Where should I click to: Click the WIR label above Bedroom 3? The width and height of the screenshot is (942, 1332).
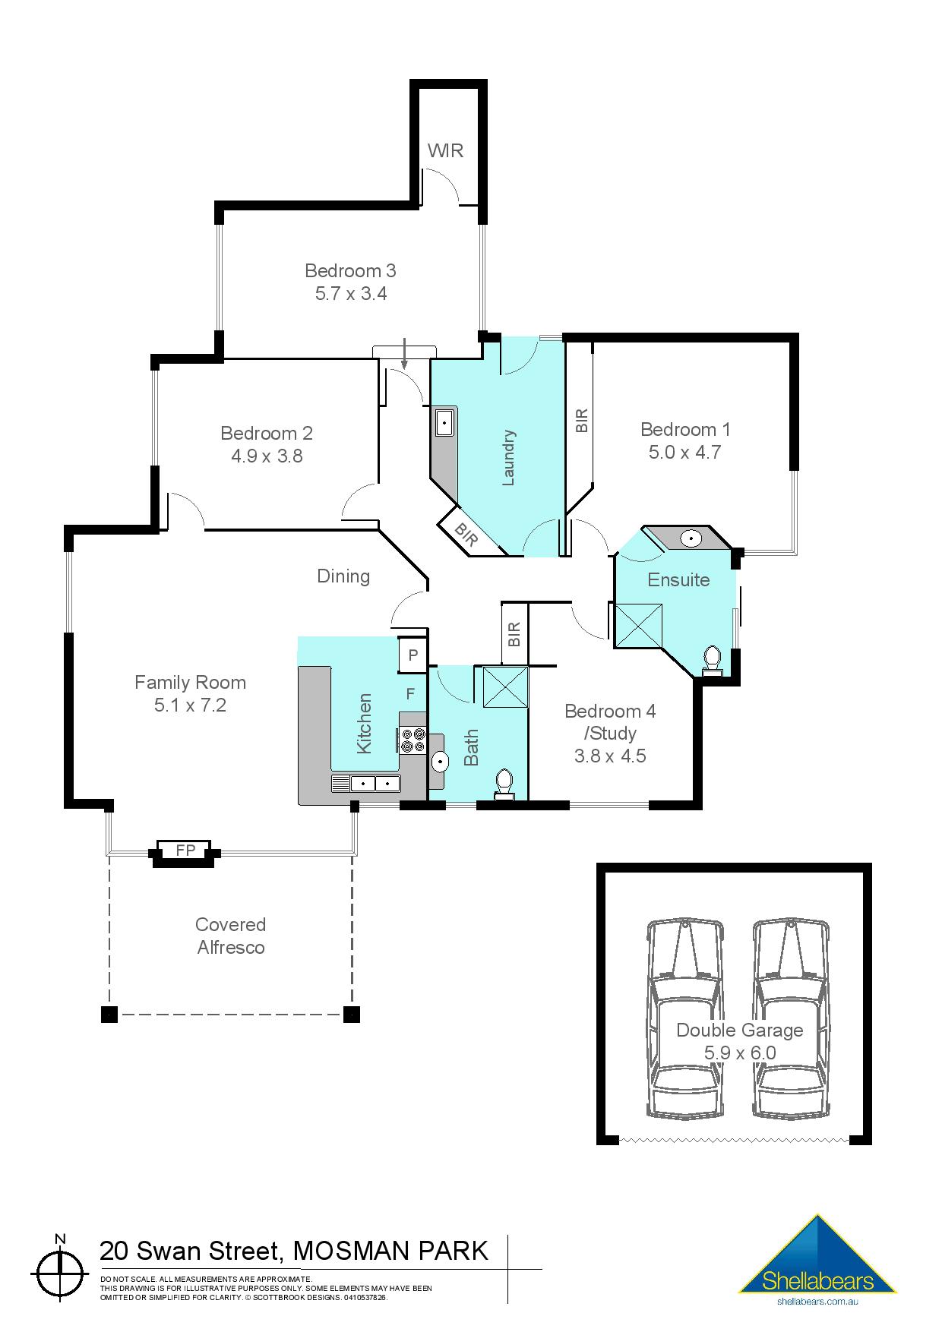(x=445, y=150)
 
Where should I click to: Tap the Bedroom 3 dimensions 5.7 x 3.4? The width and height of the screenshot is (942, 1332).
(x=351, y=294)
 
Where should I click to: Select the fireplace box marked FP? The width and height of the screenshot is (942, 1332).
(x=185, y=851)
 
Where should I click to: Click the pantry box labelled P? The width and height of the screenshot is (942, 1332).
(x=413, y=655)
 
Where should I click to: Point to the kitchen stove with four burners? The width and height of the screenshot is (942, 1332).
(x=413, y=740)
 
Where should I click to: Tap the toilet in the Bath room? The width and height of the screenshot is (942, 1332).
(x=504, y=784)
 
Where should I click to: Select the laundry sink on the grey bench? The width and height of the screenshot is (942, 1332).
(x=444, y=421)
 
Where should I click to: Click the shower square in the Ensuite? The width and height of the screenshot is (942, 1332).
(x=637, y=625)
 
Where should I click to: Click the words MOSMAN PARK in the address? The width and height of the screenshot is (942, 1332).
(x=390, y=1251)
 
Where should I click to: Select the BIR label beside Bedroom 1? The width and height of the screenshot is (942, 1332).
(x=581, y=420)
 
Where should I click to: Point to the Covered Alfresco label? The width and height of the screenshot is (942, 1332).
(x=231, y=936)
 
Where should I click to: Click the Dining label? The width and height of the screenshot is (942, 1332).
(x=343, y=576)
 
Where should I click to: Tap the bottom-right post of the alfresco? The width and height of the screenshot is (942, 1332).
(x=351, y=1014)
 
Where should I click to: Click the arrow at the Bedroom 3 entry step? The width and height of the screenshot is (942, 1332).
(x=405, y=354)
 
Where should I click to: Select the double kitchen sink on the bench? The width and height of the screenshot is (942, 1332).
(x=375, y=783)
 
